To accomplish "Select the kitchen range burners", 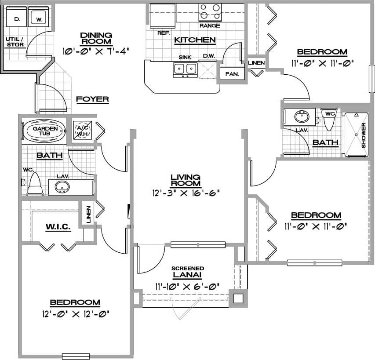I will [210, 11].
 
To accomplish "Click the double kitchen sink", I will [185, 69].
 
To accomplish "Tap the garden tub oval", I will [44, 131].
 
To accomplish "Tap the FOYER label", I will [92, 99].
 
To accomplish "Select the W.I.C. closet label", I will [58, 227].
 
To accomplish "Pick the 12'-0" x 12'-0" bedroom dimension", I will [75, 314].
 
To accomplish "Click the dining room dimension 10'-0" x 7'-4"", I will [96, 51].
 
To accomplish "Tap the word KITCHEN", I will [195, 40].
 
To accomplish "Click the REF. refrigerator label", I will [164, 33].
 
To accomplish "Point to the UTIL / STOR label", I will [15, 42].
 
